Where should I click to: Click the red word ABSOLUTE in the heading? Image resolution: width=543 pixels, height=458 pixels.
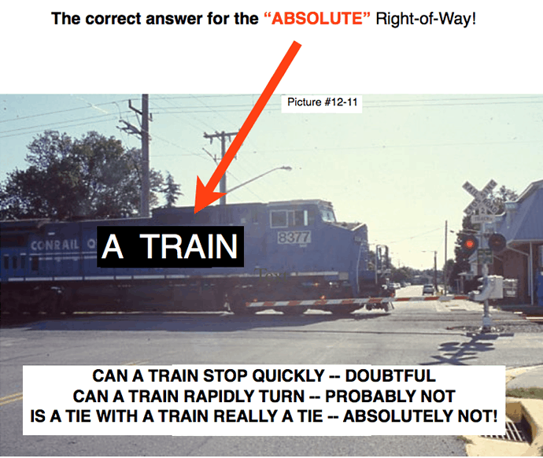click(x=317, y=18)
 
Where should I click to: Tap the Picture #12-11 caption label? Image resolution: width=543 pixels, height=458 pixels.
click(x=322, y=102)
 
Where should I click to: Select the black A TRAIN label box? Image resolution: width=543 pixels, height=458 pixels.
click(x=171, y=246)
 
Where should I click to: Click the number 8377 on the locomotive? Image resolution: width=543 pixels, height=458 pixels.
click(x=294, y=237)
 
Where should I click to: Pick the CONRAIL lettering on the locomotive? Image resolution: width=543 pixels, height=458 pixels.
click(x=54, y=245)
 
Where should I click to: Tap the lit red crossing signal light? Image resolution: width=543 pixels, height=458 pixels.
click(x=469, y=244)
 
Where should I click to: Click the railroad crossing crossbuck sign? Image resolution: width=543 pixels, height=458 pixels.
click(x=481, y=198)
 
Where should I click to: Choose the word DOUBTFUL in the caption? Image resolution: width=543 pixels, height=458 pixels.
click(x=390, y=376)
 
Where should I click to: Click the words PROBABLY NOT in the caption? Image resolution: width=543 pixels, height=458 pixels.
click(x=390, y=396)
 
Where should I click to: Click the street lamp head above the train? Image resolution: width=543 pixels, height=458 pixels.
click(x=286, y=168)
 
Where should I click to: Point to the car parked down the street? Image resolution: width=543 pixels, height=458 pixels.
click(x=428, y=290)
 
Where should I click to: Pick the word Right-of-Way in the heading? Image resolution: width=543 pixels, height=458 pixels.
click(x=426, y=18)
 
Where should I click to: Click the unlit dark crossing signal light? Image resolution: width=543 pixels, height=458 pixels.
click(x=497, y=242)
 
